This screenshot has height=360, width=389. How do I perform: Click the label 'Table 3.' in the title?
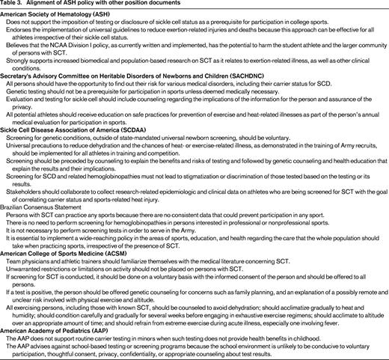point(14,5)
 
